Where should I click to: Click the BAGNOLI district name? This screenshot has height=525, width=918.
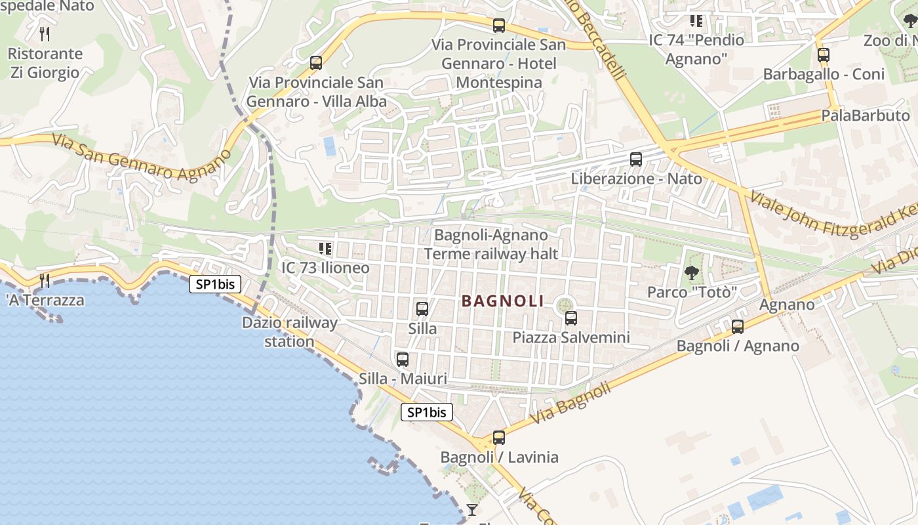point(503,301)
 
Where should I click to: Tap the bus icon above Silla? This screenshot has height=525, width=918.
point(422,308)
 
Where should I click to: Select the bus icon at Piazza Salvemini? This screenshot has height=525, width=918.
point(571,318)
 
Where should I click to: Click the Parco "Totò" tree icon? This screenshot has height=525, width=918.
point(691,273)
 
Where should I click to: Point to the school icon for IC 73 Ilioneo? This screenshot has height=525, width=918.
point(325,249)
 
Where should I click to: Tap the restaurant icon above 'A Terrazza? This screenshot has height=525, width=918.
point(45,281)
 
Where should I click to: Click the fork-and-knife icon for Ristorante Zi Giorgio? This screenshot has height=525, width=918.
point(45,33)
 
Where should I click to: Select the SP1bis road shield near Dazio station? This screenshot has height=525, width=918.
point(215,284)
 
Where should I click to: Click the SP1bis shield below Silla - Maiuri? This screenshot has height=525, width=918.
point(426,412)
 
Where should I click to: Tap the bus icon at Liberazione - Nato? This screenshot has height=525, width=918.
point(635,159)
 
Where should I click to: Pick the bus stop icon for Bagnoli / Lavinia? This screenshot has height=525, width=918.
point(499,438)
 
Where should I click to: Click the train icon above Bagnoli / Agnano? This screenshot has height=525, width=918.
point(738,326)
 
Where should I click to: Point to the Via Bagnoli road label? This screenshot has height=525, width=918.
point(570,403)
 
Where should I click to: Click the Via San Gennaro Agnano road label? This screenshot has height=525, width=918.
point(141,157)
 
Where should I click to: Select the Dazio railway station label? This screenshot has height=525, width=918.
point(289,332)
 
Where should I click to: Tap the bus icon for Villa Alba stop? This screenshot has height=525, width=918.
point(316,63)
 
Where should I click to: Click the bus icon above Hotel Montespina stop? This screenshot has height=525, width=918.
point(499,26)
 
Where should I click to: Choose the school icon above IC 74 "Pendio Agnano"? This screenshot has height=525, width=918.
point(696,21)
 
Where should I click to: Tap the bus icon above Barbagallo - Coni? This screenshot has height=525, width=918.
point(824,55)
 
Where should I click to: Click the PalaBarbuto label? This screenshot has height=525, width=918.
point(866,116)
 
